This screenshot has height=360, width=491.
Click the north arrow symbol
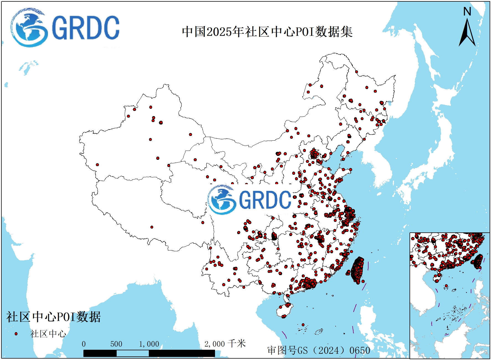tap(467, 33)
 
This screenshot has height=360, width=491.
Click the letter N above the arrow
tap(467, 11)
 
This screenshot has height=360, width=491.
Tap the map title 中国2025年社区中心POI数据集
tap(267, 32)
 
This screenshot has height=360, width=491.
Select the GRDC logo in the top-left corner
tap(65, 27)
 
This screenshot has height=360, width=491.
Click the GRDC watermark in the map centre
tap(249, 199)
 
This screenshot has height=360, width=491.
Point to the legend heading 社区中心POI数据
tap(53, 317)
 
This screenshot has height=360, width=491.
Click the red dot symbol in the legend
tap(16, 334)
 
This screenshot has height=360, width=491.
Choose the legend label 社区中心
tap(48, 334)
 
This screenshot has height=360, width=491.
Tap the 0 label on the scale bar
tap(84, 344)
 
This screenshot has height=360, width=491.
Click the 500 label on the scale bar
tap(116, 344)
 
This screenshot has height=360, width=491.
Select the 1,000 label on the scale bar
tap(149, 344)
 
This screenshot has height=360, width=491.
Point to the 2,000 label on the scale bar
tap(214, 344)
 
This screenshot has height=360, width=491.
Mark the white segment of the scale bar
tap(132, 353)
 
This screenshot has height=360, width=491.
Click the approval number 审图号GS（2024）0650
tap(319, 350)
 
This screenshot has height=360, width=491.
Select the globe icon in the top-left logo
tap(29, 27)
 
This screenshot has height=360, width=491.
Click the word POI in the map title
tap(305, 32)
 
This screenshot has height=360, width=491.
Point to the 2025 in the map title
tap(219, 32)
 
